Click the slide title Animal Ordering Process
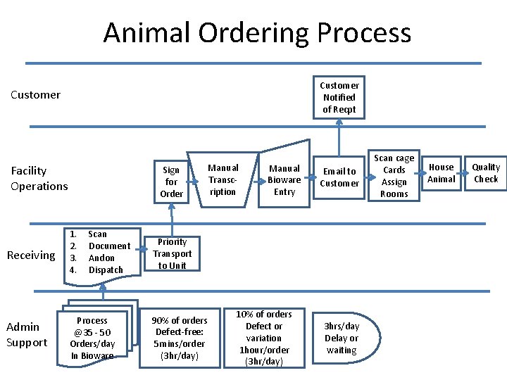(x=257, y=32)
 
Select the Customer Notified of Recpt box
(x=339, y=97)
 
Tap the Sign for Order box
(x=172, y=182)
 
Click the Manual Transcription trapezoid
(x=223, y=179)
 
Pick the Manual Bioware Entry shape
(x=284, y=179)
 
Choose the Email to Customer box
(x=339, y=177)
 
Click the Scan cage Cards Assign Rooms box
(x=394, y=176)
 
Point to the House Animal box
(x=442, y=173)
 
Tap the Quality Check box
(x=485, y=173)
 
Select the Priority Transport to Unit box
(x=172, y=253)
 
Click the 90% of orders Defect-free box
(x=180, y=338)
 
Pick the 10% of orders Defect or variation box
(x=264, y=338)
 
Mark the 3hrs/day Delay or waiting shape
(x=342, y=338)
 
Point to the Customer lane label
(x=35, y=95)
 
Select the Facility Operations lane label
(x=39, y=178)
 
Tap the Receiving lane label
(x=30, y=255)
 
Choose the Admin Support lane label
(x=27, y=334)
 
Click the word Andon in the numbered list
(x=101, y=258)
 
